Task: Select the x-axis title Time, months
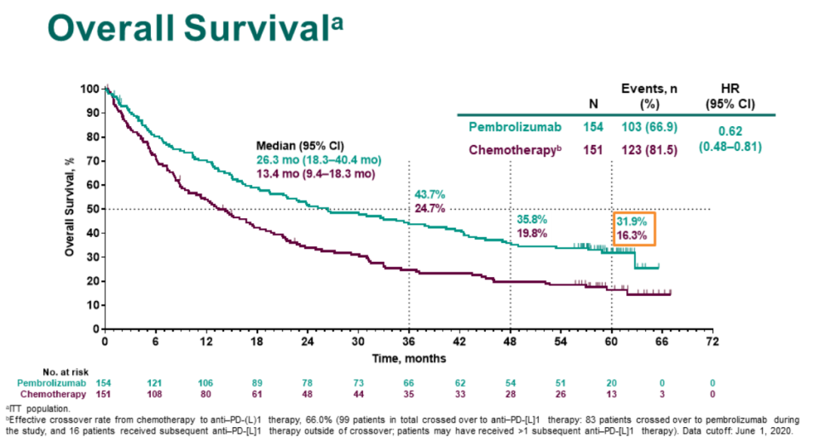(408, 358)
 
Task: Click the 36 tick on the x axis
(408, 340)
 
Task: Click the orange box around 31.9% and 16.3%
(633, 229)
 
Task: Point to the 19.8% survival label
(533, 232)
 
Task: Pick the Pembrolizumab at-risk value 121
(155, 383)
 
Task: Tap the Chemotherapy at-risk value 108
(155, 394)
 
